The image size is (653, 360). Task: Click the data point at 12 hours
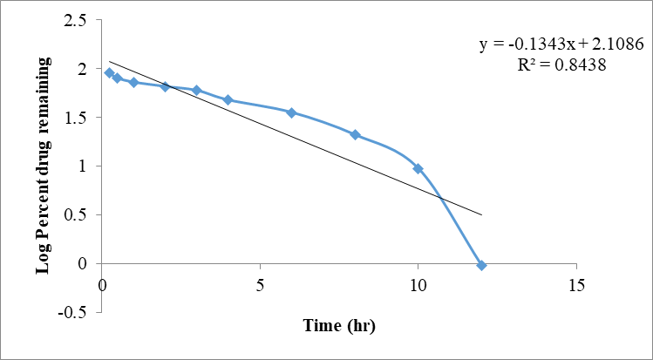click(481, 265)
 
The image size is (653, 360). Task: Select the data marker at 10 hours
click(418, 168)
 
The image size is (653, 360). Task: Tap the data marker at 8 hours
click(355, 134)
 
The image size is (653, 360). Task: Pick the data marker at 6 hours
click(291, 112)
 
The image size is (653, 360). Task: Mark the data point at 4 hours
click(228, 100)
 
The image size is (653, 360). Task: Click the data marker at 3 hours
click(197, 90)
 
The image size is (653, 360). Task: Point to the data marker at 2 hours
click(165, 86)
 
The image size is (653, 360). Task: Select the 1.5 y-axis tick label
click(77, 118)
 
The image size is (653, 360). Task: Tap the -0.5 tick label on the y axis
click(74, 312)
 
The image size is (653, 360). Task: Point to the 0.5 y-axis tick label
click(77, 214)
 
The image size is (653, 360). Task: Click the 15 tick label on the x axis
click(575, 285)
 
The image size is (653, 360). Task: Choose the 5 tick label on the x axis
click(260, 285)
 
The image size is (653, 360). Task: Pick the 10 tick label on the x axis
click(418, 285)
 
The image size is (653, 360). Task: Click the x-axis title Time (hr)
click(339, 326)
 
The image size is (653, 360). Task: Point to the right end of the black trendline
click(481, 214)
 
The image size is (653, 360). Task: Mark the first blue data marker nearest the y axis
click(109, 73)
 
